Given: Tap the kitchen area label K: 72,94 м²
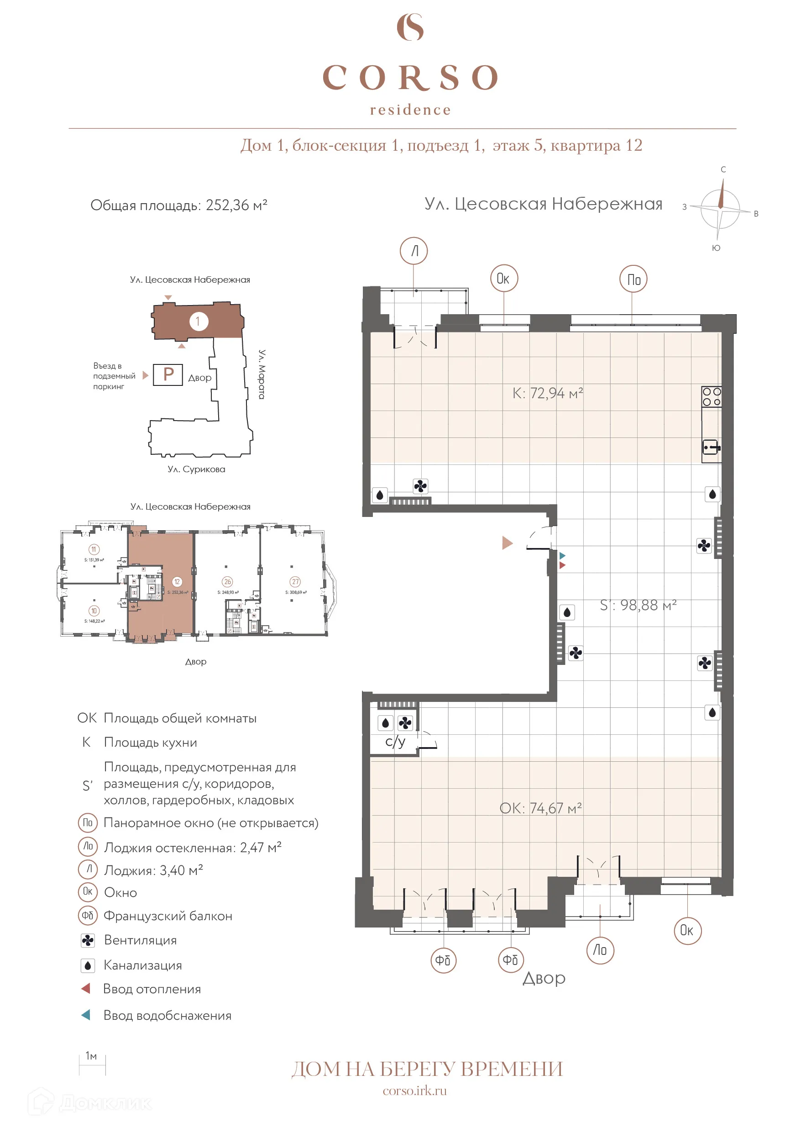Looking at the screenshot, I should [x=548, y=393].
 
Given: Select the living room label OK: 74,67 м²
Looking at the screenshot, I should [x=540, y=808].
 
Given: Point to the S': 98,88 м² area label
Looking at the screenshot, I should [x=638, y=605].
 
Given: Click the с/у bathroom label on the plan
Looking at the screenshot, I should [x=395, y=741].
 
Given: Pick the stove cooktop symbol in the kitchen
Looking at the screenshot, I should [x=711, y=397].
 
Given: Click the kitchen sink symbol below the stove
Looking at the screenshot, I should [x=711, y=448].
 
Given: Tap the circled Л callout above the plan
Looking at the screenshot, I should [x=414, y=251].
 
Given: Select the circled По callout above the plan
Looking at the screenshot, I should [x=633, y=279].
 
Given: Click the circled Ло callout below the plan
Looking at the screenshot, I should [x=600, y=950].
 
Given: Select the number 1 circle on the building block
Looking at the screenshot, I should [x=198, y=321].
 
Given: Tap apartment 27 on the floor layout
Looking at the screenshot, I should [x=295, y=582].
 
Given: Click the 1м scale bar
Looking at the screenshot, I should [x=92, y=1065].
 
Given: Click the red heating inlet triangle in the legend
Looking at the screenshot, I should [x=86, y=989].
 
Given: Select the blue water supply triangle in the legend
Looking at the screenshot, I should [x=86, y=1015].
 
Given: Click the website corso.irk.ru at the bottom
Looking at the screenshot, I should [x=414, y=1091].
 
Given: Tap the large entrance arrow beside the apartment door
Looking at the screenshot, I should [x=507, y=543].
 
